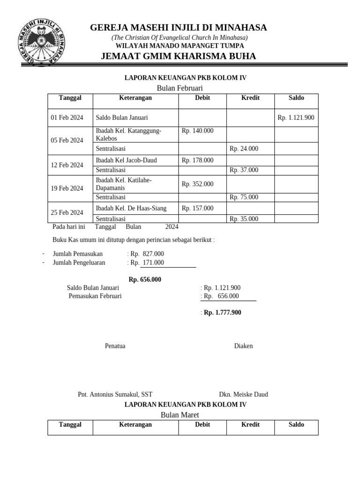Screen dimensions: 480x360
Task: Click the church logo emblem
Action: (x=42, y=42)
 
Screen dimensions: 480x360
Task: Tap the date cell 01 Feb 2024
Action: (x=67, y=118)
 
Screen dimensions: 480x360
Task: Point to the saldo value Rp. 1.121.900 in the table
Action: (x=296, y=118)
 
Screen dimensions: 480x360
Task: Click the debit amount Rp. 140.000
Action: (x=197, y=131)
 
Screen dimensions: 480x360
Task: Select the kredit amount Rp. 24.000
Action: (x=244, y=149)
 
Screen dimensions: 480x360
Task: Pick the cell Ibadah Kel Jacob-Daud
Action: (x=126, y=160)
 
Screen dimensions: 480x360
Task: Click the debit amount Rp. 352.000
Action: (x=197, y=184)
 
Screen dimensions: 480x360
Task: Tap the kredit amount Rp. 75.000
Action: (x=244, y=197)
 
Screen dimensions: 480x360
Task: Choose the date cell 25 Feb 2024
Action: (x=67, y=212)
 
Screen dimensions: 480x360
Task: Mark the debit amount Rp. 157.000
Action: (x=197, y=208)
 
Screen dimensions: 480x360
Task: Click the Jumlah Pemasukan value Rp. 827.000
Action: (x=147, y=254)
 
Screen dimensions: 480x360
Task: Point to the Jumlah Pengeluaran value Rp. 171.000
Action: (x=147, y=262)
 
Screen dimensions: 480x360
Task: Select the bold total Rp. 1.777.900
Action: (x=222, y=312)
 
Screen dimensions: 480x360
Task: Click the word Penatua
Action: (x=115, y=346)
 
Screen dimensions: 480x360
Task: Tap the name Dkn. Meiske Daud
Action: (x=243, y=394)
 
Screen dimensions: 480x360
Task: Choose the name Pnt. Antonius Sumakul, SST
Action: (x=115, y=394)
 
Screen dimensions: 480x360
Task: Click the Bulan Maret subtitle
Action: (x=180, y=415)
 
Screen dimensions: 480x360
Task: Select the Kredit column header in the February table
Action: (x=250, y=97)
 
